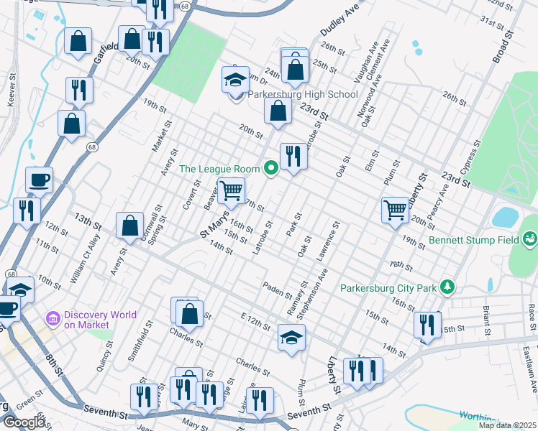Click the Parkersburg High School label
click(303, 95)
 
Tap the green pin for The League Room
click(271, 169)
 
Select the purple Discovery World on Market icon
click(53, 318)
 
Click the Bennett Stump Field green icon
click(530, 238)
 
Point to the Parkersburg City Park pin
click(447, 287)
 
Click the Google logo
click(24, 422)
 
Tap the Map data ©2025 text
click(508, 425)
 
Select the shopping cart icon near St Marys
click(232, 191)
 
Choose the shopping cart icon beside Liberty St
click(395, 210)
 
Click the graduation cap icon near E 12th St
click(291, 337)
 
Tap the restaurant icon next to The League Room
click(293, 155)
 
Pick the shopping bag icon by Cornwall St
click(129, 225)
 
